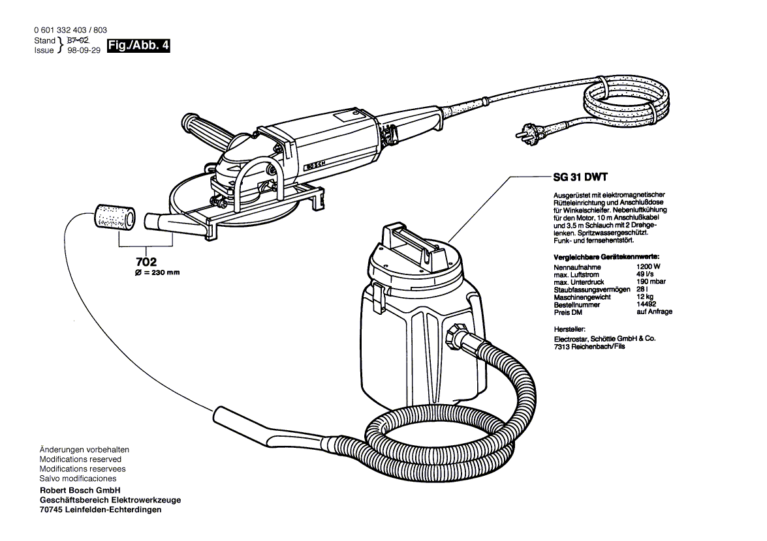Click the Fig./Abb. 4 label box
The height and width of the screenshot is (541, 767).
pos(138,46)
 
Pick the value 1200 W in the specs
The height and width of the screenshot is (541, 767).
pos(648,267)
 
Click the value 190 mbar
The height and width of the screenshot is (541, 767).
pos(650,282)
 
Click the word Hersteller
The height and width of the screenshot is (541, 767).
pos(569,330)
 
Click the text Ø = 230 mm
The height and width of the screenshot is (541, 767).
pos(157,273)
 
